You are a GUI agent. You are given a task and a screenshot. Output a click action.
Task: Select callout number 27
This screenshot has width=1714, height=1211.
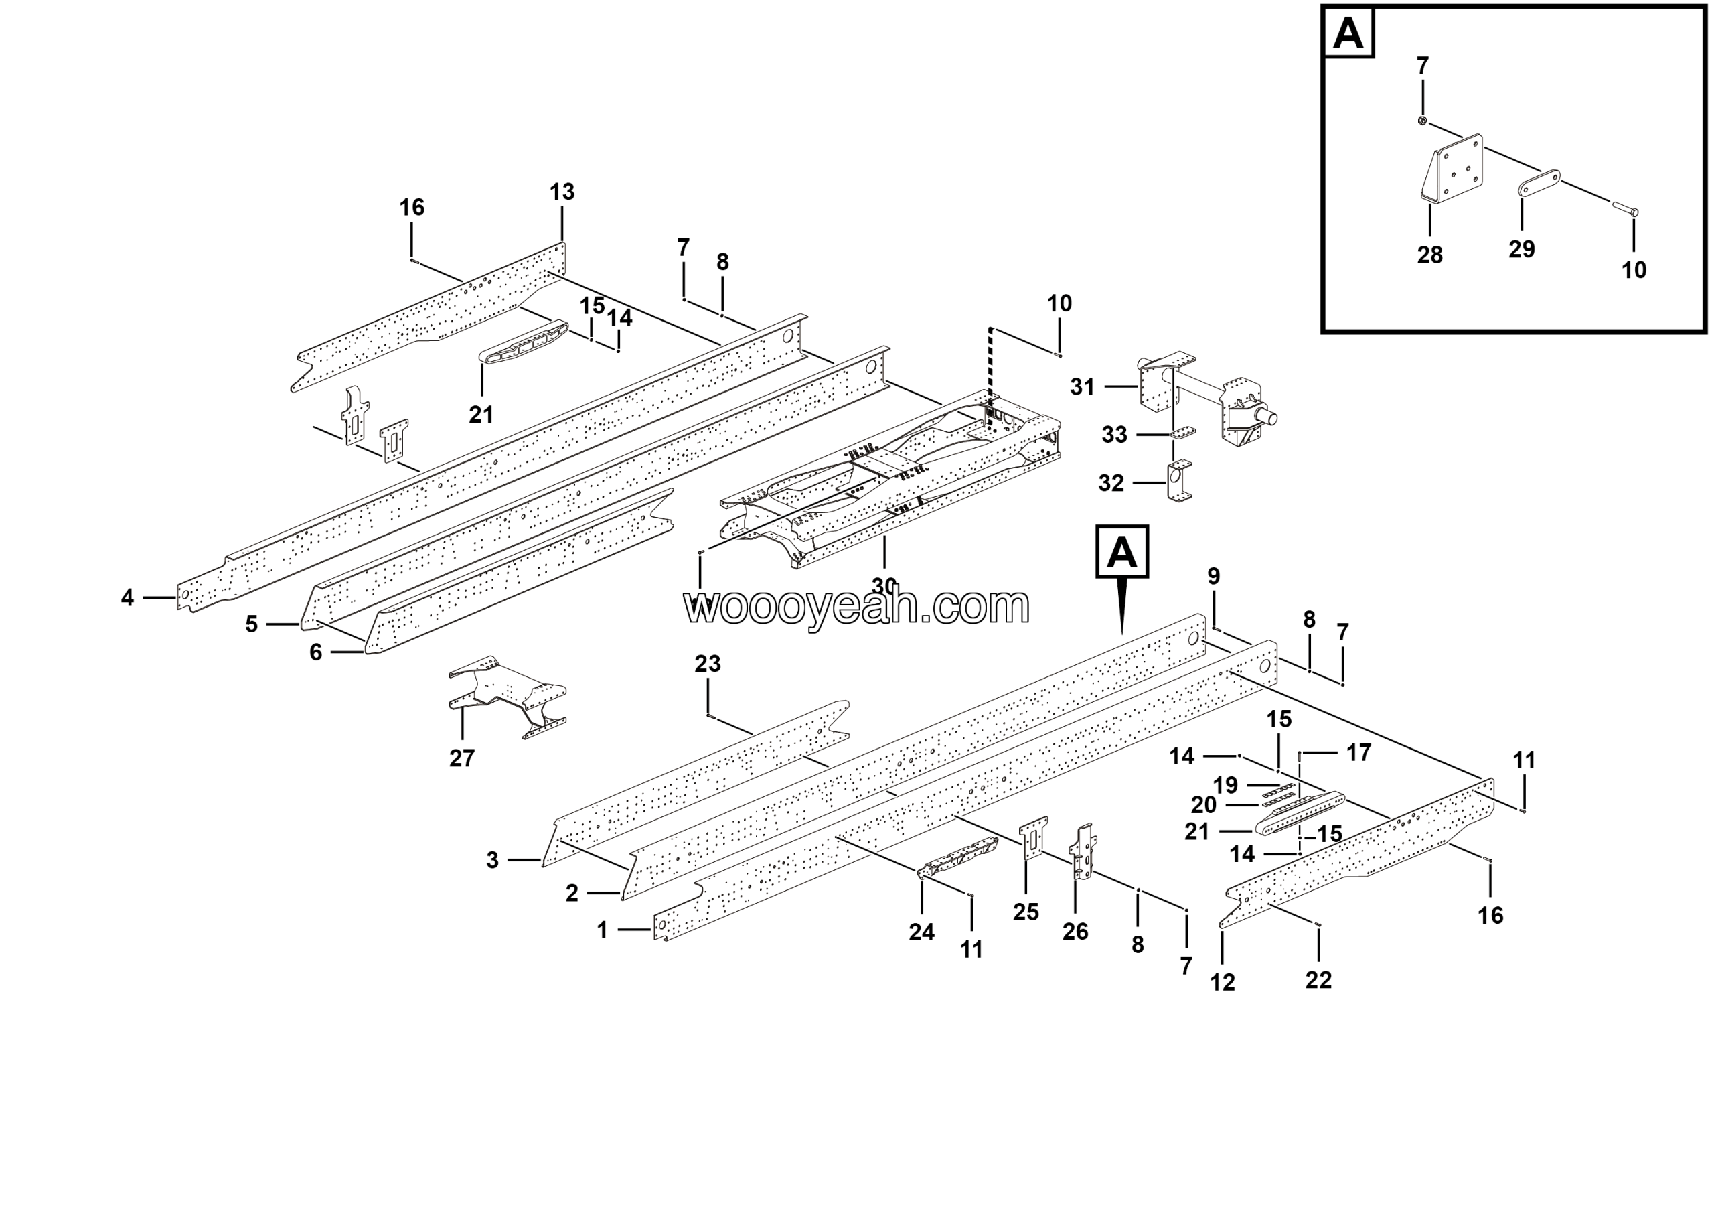(461, 759)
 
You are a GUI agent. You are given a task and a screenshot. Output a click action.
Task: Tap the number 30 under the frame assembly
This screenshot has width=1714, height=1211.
(884, 585)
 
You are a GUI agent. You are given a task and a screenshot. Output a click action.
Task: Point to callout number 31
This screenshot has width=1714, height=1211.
(1082, 386)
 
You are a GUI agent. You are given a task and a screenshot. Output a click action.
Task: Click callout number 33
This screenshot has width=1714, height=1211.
(1114, 435)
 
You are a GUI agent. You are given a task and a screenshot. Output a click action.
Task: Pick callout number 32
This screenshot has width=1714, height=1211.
(1111, 483)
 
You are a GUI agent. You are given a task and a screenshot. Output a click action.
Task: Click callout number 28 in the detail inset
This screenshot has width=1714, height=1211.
(1429, 255)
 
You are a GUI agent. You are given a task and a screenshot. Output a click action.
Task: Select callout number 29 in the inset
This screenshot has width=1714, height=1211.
(1521, 249)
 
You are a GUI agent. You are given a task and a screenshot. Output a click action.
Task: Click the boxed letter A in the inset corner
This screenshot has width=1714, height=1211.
(1348, 33)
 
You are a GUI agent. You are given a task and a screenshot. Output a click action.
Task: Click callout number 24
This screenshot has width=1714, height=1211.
(921, 932)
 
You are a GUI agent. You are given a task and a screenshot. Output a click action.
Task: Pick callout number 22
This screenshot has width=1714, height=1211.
(1318, 979)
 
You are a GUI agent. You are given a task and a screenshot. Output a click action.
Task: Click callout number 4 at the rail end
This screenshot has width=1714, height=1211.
(128, 597)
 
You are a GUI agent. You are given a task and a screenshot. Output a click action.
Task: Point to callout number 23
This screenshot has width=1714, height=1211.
(707, 664)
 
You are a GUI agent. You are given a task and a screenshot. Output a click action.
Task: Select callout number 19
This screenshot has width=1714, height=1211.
(1225, 786)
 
